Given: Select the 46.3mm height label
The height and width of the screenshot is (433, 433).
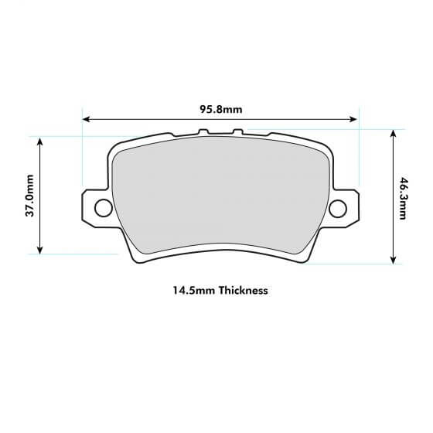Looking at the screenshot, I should pos(403,198).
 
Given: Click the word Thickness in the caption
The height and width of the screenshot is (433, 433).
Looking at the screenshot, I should pos(243,292).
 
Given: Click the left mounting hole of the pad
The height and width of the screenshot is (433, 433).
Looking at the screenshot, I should pos(102,208).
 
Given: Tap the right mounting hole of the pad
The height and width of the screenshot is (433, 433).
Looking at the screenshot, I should pos(337,209).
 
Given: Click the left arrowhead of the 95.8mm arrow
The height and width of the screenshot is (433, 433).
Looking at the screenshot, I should pos(86,120).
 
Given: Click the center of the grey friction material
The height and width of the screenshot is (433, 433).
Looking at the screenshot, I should pos(220,201).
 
